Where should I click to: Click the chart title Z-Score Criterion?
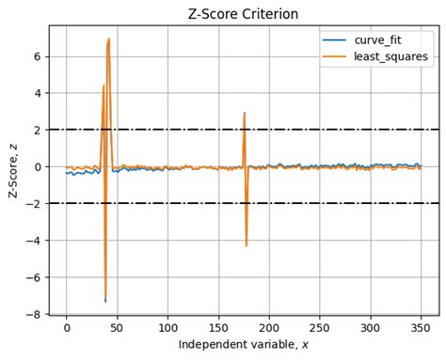pyautogui.click(x=244, y=14)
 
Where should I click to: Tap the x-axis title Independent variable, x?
pyautogui.click(x=244, y=344)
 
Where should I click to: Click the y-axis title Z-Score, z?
pyautogui.click(x=13, y=170)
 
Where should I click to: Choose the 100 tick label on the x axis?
pyautogui.click(x=167, y=328)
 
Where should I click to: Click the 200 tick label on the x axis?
pyautogui.click(x=269, y=328)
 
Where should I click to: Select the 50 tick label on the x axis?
pyautogui.click(x=117, y=328)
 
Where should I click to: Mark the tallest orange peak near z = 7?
pyautogui.click(x=109, y=39)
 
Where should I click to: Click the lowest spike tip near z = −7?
pyautogui.click(x=105, y=301)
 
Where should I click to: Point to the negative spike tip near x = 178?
pyautogui.click(x=247, y=246)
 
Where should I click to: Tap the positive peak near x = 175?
pyautogui.click(x=244, y=114)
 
